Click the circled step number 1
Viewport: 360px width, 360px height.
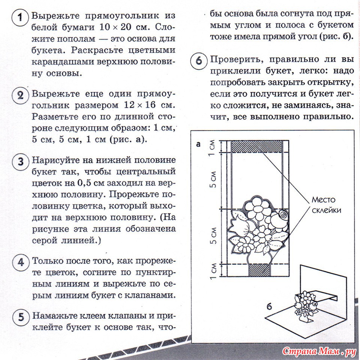(x=19, y=18)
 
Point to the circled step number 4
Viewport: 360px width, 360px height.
(x=19, y=262)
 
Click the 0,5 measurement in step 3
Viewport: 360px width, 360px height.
(x=87, y=183)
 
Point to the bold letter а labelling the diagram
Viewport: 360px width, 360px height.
(x=199, y=144)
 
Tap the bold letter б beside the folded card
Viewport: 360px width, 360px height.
(x=269, y=306)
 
